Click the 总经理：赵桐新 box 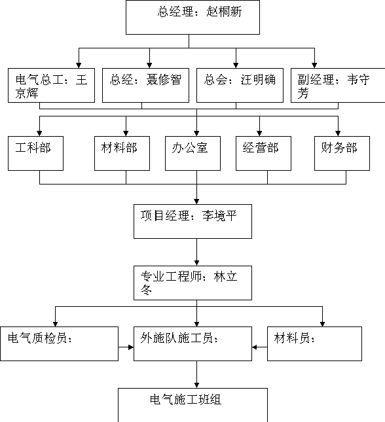click(192, 17)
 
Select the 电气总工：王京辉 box click(51, 85)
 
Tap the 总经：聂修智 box click(145, 85)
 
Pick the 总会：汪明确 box click(240, 85)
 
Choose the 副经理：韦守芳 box click(338, 85)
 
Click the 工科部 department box click(35, 153)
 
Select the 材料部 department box click(122, 153)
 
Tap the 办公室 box click(192, 153)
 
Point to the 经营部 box click(263, 153)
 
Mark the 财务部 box click(342, 153)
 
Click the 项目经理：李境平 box click(192, 222)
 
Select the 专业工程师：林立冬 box click(192, 283)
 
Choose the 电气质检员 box click(60, 343)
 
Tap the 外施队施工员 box click(192, 343)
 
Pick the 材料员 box click(314, 343)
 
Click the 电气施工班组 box click(192, 405)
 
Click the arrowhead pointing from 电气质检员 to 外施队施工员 click(131, 347)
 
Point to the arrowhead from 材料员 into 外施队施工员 click(255, 347)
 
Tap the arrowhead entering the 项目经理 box click(196, 202)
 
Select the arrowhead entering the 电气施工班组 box click(196, 385)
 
